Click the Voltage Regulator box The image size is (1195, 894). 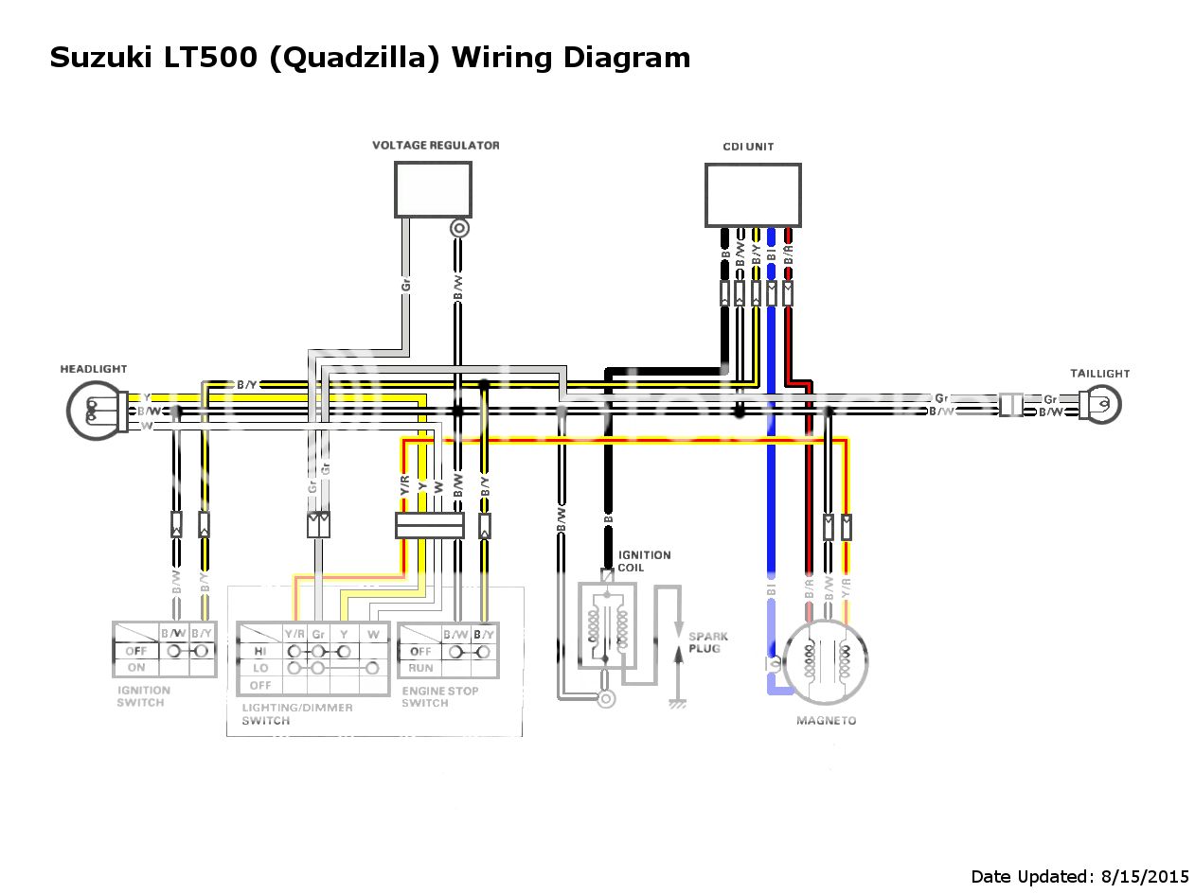(x=433, y=189)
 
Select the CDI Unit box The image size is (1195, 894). (x=752, y=195)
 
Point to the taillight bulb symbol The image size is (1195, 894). (x=1104, y=405)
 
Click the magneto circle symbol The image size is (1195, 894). (x=826, y=662)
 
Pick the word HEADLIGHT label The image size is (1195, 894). (x=93, y=369)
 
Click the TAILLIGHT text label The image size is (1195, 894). (x=1099, y=374)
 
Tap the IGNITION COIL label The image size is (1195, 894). (x=644, y=561)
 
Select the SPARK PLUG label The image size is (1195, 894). (x=708, y=642)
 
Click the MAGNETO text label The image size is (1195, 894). (x=826, y=721)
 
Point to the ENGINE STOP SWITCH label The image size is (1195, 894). (x=439, y=696)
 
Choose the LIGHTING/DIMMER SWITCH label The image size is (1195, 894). (x=296, y=713)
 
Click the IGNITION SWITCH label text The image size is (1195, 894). (x=143, y=696)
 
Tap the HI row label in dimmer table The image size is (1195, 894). (x=260, y=652)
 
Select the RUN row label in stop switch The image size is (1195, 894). (x=420, y=668)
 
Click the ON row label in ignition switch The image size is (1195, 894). (x=135, y=667)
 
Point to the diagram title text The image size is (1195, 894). (x=369, y=58)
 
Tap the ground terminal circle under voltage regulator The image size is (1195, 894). (x=459, y=228)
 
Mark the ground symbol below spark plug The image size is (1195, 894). (x=677, y=703)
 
